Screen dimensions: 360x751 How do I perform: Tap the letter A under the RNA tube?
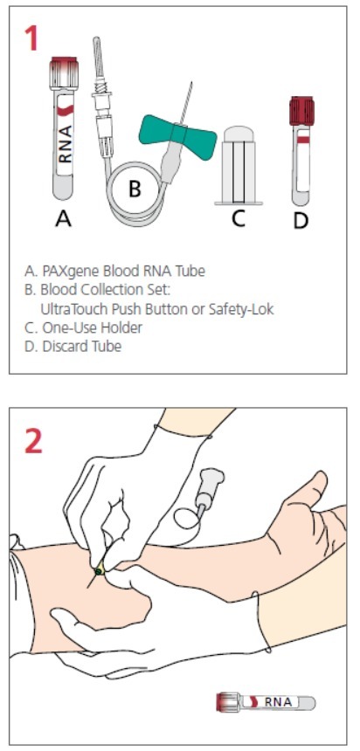64,218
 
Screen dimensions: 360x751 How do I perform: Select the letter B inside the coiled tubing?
135,189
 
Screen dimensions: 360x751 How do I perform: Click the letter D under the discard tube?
301,220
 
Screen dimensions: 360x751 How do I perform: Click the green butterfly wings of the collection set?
177,132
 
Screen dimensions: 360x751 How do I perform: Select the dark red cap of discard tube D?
302,110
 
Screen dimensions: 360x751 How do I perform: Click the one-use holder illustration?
239,165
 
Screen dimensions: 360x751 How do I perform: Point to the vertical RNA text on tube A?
66,144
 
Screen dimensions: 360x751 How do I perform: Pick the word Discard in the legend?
62,347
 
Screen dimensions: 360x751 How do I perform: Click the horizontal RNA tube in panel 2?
266,702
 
